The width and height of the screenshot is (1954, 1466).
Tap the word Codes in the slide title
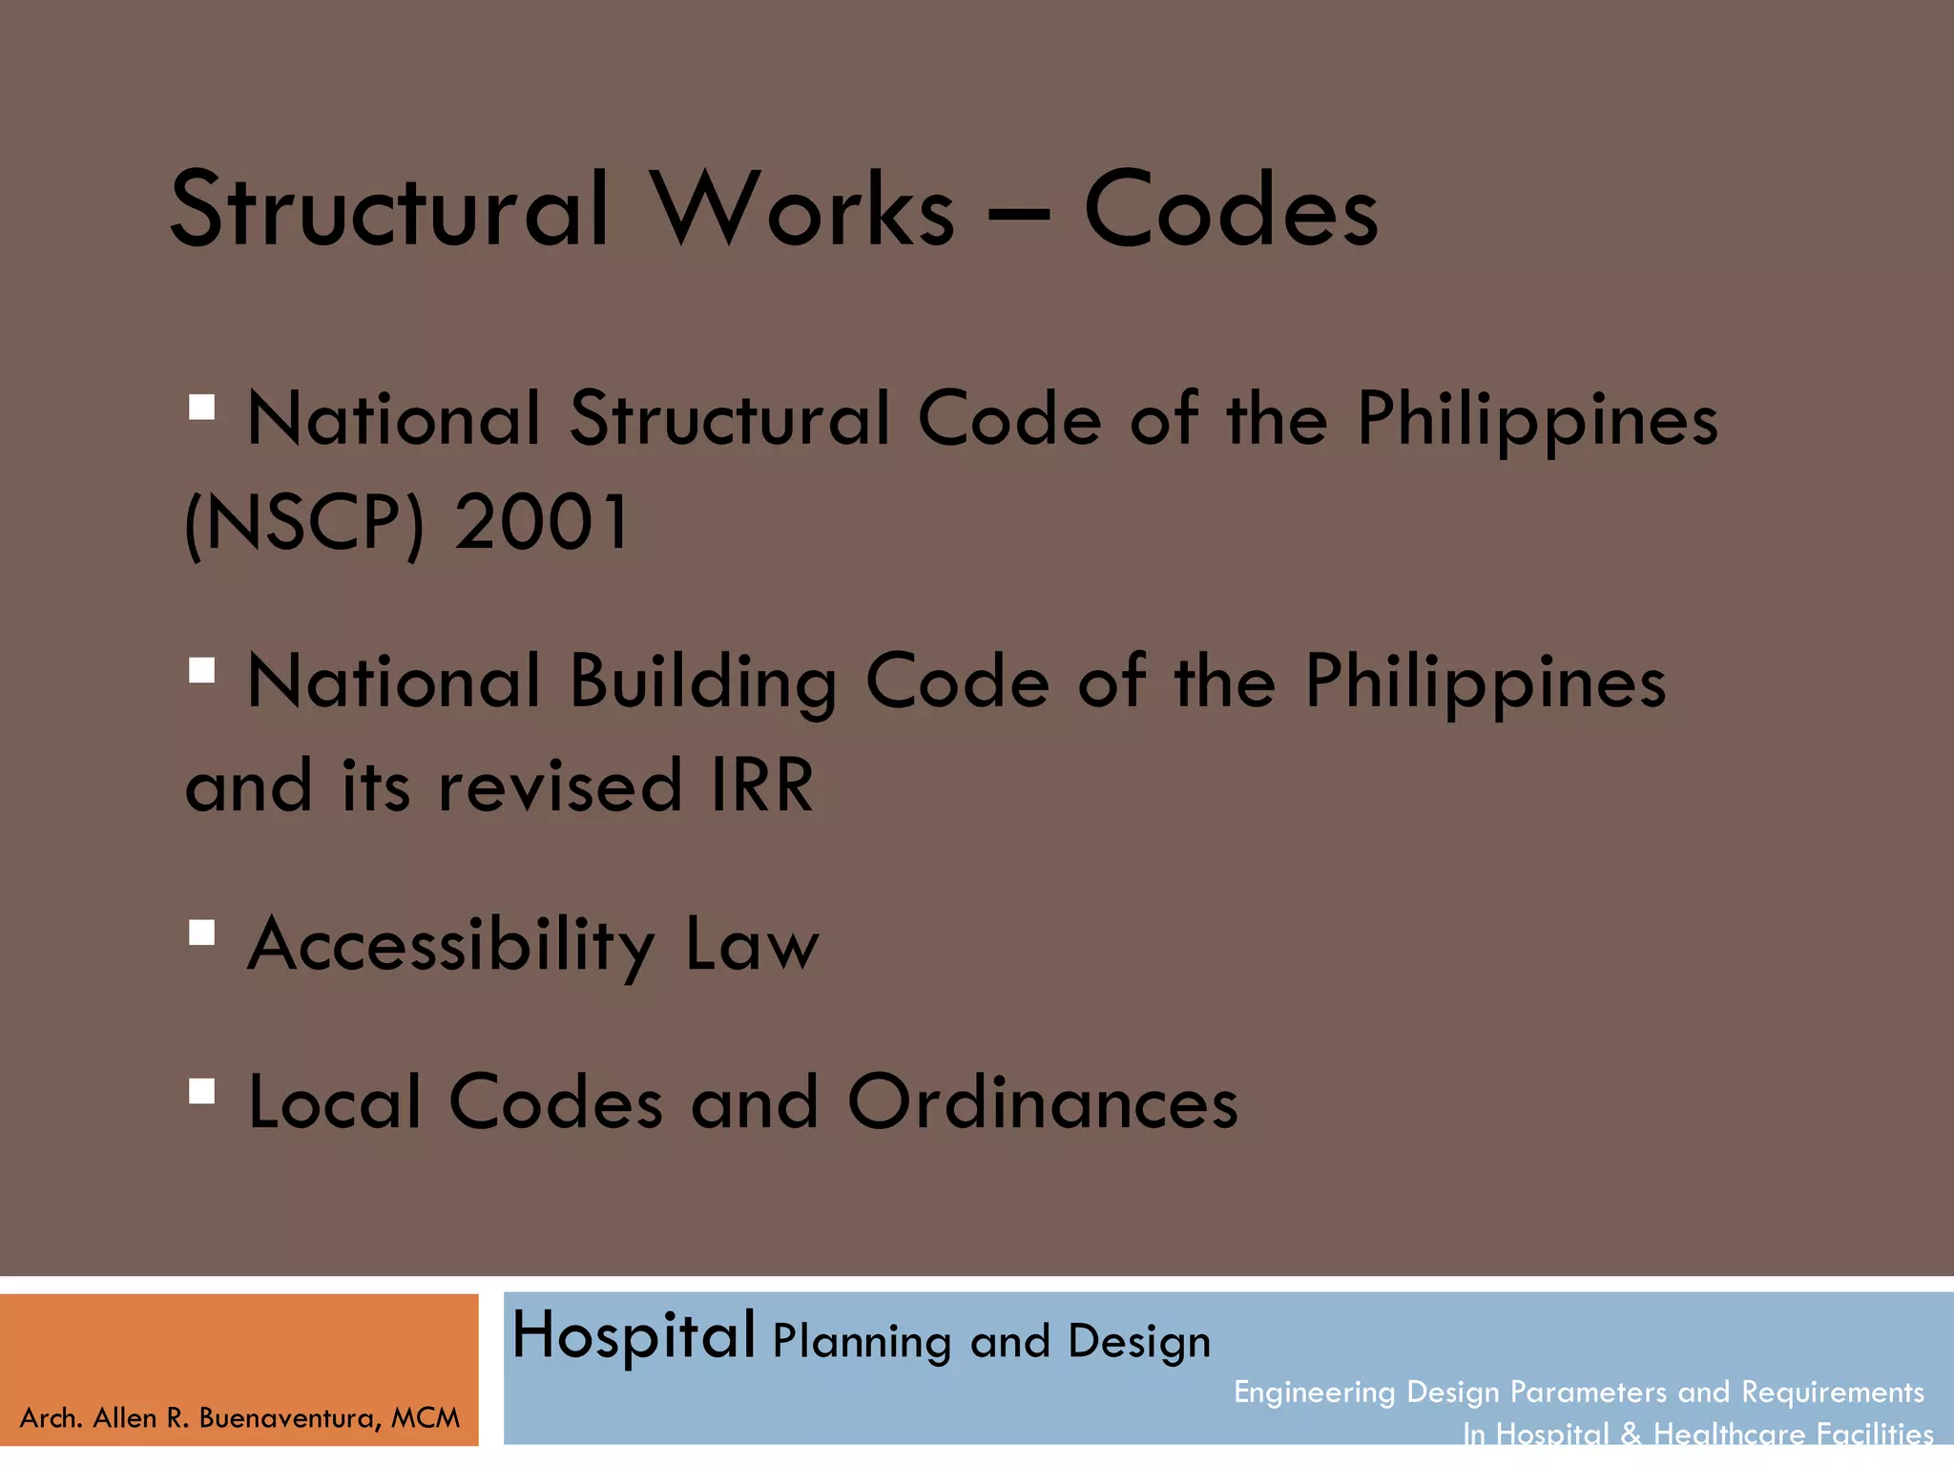pyautogui.click(x=1231, y=209)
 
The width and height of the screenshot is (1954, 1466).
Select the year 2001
pyautogui.click(x=541, y=522)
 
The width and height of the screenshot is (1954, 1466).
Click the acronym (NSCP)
pyautogui.click(x=304, y=524)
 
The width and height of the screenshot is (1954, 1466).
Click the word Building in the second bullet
pyautogui.click(x=703, y=682)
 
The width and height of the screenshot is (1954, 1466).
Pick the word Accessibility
pyautogui.click(x=451, y=945)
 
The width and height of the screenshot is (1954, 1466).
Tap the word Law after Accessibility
pyautogui.click(x=752, y=945)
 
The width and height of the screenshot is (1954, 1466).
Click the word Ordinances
pyautogui.click(x=1042, y=1102)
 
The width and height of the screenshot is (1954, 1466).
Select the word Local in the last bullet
pyautogui.click(x=334, y=1102)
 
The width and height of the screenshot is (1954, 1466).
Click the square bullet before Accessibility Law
pyautogui.click(x=201, y=932)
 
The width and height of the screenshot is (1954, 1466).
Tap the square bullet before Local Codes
pyautogui.click(x=201, y=1090)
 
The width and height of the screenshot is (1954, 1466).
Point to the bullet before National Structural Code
pyautogui.click(x=201, y=408)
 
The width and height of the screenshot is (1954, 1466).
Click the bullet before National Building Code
pyautogui.click(x=201, y=670)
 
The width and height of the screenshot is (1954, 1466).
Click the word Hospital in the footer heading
pyautogui.click(x=634, y=1335)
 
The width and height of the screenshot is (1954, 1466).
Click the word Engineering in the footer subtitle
pyautogui.click(x=1314, y=1393)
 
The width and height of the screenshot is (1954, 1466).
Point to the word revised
pyautogui.click(x=559, y=785)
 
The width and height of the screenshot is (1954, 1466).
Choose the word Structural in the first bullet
pyautogui.click(x=730, y=420)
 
